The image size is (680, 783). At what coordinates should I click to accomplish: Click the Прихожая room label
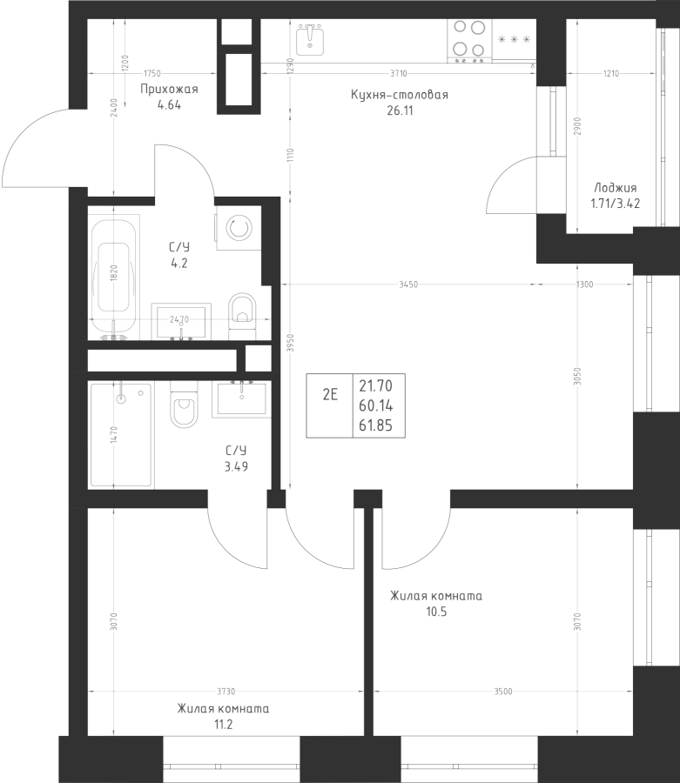[x=169, y=89]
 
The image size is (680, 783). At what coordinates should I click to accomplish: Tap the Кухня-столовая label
[x=400, y=94]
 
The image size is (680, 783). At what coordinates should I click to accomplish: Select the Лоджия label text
[x=615, y=188]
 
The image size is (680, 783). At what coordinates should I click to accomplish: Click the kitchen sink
[x=310, y=39]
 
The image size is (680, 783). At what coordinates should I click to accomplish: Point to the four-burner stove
[x=469, y=41]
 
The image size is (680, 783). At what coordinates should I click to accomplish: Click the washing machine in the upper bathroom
[x=239, y=228]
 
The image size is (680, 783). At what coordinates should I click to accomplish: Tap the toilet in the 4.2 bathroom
[x=242, y=311]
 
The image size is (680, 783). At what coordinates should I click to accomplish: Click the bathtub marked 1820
[x=114, y=278]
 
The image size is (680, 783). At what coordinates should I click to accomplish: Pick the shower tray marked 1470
[x=120, y=434]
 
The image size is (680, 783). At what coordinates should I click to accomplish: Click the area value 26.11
[x=400, y=110]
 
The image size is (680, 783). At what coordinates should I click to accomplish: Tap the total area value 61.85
[x=375, y=425]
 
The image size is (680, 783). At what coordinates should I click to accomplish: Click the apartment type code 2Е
[x=330, y=395]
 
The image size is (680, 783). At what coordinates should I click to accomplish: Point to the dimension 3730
[x=226, y=692]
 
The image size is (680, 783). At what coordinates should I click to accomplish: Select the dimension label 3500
[x=503, y=692]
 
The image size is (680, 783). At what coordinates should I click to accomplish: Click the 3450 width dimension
[x=408, y=284]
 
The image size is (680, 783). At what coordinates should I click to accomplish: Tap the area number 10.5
[x=436, y=612]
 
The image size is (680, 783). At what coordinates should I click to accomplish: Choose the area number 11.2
[x=223, y=724]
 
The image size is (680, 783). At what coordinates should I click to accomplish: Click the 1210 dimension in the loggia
[x=611, y=73]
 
